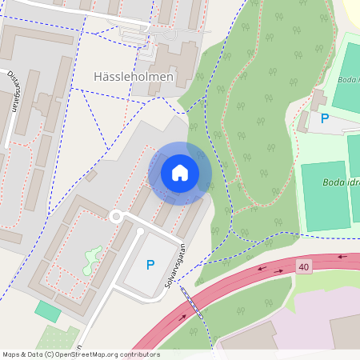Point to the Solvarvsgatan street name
(178, 260)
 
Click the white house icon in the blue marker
(180, 173)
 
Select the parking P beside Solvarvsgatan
(150, 265)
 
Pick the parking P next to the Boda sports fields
(325, 118)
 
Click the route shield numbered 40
(303, 266)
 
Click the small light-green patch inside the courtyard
(93, 258)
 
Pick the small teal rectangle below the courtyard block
(47, 312)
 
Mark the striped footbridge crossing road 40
(192, 304)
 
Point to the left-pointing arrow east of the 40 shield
(343, 258)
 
